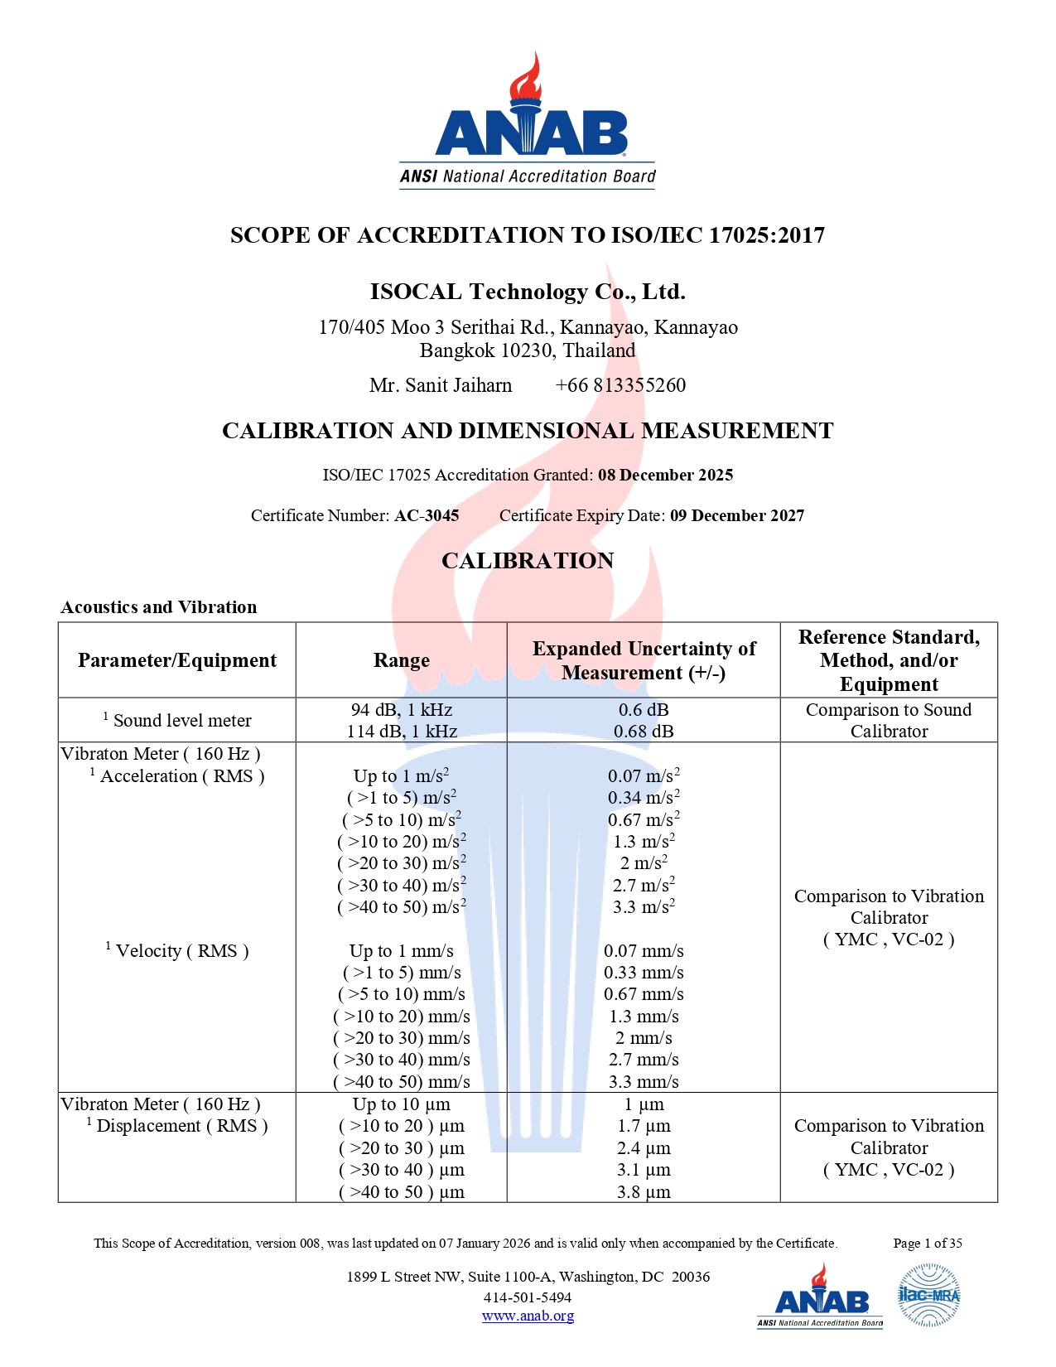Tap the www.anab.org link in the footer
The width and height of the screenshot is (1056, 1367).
click(x=528, y=1316)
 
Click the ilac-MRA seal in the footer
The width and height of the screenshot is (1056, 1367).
click(x=928, y=1296)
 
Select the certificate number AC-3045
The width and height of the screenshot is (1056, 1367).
click(x=427, y=515)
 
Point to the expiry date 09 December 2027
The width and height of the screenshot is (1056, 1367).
click(x=736, y=515)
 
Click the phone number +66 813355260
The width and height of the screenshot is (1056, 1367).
click(x=620, y=385)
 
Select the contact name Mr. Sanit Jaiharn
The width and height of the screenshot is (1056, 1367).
click(x=441, y=385)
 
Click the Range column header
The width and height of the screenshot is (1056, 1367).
click(x=402, y=660)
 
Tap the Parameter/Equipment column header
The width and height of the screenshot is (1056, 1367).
click(x=177, y=660)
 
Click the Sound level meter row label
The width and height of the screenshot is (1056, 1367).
click(x=181, y=721)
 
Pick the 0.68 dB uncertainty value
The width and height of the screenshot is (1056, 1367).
click(x=644, y=732)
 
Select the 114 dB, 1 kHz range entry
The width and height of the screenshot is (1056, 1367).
click(x=402, y=732)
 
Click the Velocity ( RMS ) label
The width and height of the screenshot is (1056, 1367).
click(x=181, y=951)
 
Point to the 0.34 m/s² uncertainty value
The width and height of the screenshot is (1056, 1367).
click(x=644, y=798)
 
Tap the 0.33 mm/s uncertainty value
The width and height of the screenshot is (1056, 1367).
click(x=644, y=973)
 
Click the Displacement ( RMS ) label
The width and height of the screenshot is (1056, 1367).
click(x=181, y=1126)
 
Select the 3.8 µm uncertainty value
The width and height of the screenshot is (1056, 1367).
click(x=644, y=1192)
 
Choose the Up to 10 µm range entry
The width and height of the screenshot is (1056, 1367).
click(x=402, y=1104)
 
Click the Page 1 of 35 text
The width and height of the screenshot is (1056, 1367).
click(x=928, y=1243)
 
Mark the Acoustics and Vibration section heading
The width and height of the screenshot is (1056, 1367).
click(x=159, y=607)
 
